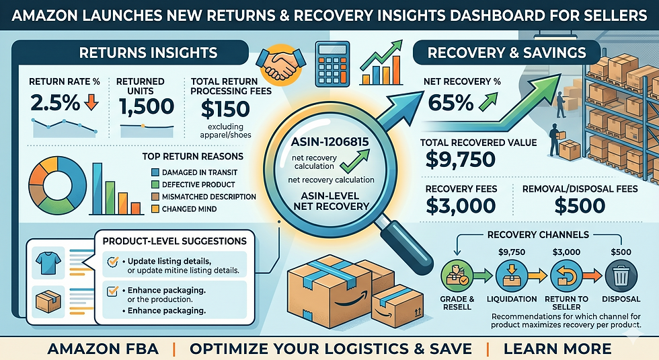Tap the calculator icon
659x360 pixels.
click(332, 64)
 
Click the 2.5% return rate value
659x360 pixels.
click(55, 102)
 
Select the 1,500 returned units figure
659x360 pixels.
click(147, 106)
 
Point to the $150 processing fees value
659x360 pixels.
click(225, 109)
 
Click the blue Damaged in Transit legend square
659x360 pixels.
click(155, 172)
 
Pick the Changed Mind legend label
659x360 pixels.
click(189, 209)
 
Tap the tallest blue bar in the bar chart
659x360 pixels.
click(97, 188)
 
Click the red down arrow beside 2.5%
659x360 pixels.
click(91, 102)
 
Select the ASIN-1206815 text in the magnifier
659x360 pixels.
click(329, 142)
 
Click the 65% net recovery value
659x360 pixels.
click(451, 102)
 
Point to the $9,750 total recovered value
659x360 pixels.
click(460, 159)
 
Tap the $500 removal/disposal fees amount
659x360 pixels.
click(580, 206)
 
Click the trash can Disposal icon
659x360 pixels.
click(621, 277)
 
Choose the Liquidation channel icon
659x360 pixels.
click(512, 277)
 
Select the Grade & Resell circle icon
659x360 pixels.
click(457, 277)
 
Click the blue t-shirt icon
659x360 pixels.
click(48, 263)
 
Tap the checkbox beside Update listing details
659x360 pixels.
click(113, 262)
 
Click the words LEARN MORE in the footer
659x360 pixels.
click(557, 349)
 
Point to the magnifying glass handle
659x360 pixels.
click(405, 243)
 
